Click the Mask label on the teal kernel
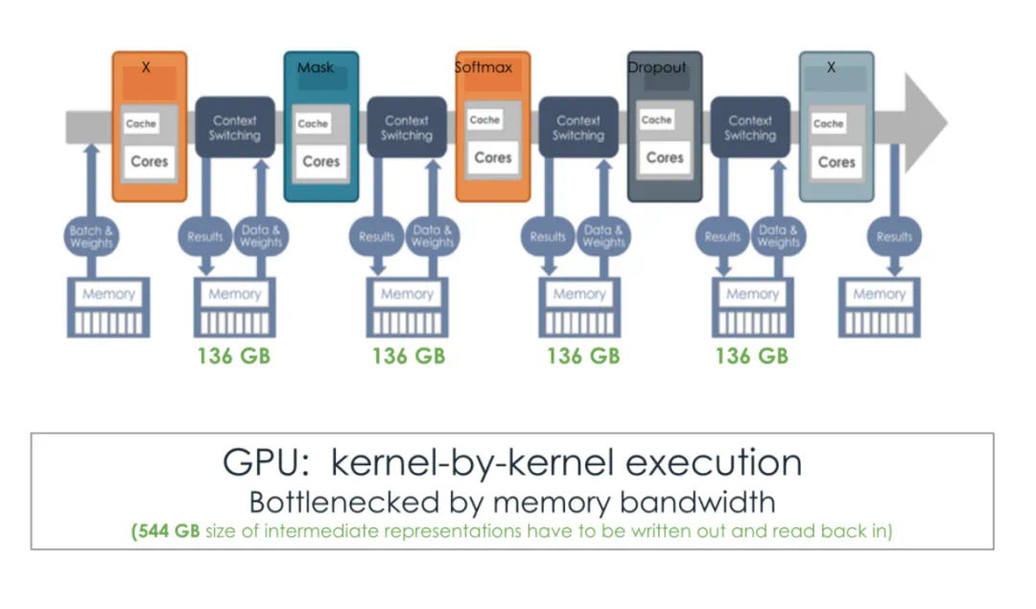316,68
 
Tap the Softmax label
483,68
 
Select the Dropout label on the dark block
657,68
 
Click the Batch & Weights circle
91,237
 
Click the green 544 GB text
165,530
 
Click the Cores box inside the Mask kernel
321,161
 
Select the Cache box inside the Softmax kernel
484,121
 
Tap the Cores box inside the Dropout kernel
665,157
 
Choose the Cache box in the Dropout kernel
656,121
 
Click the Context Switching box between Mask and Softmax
407,128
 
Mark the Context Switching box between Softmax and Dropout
578,128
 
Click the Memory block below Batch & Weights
108,307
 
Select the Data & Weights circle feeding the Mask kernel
261,237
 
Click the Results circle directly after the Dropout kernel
722,237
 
